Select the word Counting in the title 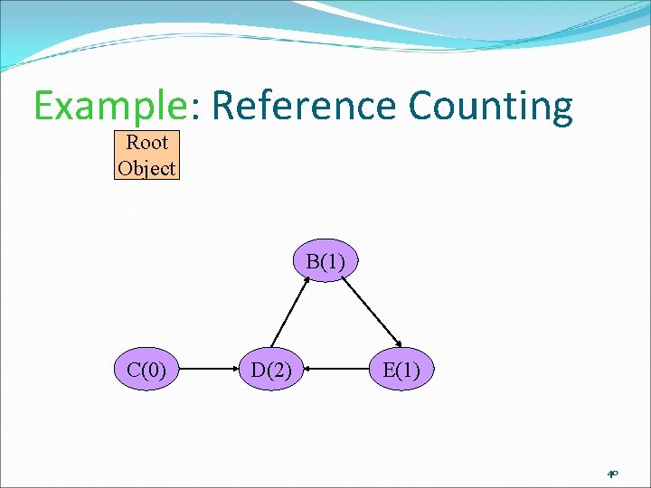(490, 107)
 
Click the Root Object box (146, 155)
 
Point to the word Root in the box (146, 143)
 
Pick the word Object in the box (146, 167)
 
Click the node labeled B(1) (325, 262)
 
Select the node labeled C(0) (146, 369)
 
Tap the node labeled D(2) (270, 369)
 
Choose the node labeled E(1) (401, 369)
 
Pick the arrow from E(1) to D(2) (336, 369)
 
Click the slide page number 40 (612, 474)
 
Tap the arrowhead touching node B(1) (308, 279)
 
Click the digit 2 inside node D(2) (278, 369)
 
